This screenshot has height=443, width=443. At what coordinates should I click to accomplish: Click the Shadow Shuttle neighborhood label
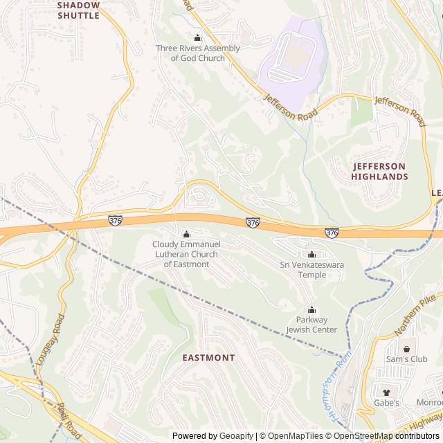78,10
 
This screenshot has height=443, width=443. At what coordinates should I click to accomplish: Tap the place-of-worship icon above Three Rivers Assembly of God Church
198,38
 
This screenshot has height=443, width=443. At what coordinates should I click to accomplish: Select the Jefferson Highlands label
380,171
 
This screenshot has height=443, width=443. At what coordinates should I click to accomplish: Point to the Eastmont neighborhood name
208,358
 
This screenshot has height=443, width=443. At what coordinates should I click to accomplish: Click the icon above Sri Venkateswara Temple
311,254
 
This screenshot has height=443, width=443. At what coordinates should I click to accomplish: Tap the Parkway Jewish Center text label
311,325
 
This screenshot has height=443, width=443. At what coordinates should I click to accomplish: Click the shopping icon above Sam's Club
407,349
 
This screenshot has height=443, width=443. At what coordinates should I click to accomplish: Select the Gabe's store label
387,403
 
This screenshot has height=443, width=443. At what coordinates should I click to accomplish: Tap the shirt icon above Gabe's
387,392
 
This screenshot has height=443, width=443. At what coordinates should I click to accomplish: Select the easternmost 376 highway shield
332,233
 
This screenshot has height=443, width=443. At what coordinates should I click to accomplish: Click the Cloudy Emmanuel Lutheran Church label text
186,254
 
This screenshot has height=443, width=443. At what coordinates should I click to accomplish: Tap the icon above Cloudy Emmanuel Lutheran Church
186,234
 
